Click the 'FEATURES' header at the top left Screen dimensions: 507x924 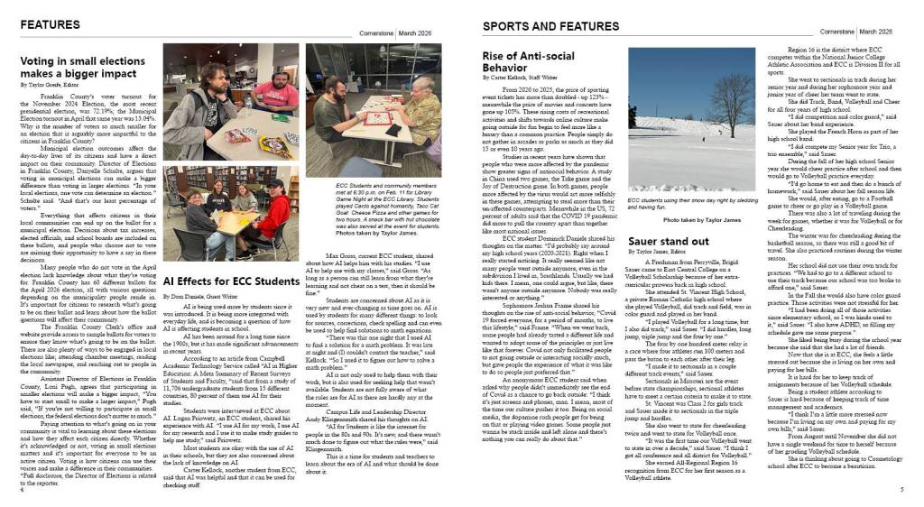[x=50, y=23]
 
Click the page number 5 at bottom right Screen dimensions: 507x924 [x=901, y=490]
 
